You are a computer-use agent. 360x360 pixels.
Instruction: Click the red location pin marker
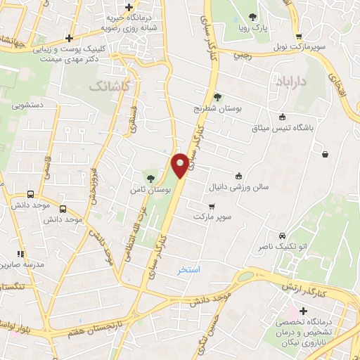tap(181, 165)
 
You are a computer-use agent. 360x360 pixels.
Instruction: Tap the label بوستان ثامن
tap(146, 191)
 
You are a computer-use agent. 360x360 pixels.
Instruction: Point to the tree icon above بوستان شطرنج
tap(217, 98)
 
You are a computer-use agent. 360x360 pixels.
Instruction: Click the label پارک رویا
tap(254, 30)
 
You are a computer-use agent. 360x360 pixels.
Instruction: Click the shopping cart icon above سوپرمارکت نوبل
tap(300, 38)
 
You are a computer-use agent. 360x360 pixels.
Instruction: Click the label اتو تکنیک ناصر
tap(282, 248)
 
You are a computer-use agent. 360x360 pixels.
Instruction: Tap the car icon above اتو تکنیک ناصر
tap(282, 236)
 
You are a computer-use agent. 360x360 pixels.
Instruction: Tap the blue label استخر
tap(189, 269)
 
